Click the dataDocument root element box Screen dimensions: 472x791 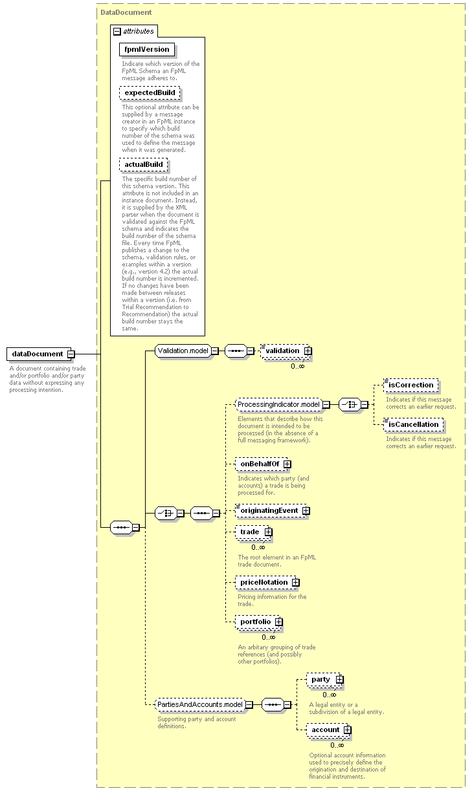tap(39, 354)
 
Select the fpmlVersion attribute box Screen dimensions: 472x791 tap(147, 49)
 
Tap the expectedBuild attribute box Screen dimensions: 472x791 tap(150, 93)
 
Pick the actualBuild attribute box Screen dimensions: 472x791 tap(144, 164)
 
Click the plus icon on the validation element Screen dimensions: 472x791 tap(308, 351)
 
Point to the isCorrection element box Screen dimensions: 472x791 tap(411, 385)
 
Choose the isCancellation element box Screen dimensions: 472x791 tap(413, 424)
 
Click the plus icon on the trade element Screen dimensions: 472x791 tap(268, 532)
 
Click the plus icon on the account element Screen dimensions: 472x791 tap(348, 730)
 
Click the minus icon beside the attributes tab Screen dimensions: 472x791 tap(117, 32)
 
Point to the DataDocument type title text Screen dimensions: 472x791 tap(126, 12)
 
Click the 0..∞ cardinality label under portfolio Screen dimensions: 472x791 tap(268, 637)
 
